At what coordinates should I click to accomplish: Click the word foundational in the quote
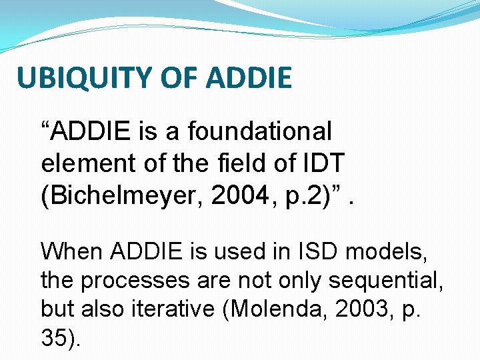click(259, 131)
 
